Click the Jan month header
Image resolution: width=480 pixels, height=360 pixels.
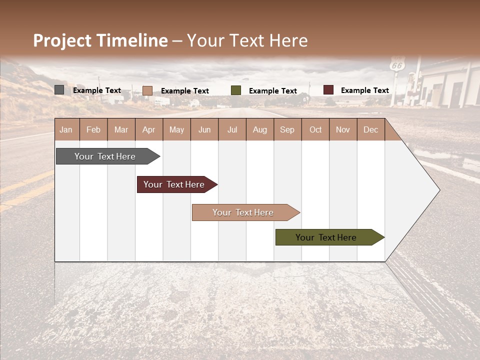(66, 129)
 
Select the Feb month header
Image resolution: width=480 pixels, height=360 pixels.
(93, 129)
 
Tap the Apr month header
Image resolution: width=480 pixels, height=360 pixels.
(148, 129)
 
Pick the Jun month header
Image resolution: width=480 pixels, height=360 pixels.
(204, 129)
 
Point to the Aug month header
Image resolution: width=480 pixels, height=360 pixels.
(259, 129)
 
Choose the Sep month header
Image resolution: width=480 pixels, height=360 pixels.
(287, 129)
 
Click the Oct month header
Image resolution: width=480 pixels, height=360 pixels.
(315, 129)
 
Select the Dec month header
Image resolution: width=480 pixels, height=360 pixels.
(370, 129)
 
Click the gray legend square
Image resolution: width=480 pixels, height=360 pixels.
(59, 90)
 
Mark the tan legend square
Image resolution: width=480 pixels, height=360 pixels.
(147, 90)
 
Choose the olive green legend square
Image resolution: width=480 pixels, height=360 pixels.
(236, 90)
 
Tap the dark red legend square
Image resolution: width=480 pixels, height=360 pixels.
(328, 90)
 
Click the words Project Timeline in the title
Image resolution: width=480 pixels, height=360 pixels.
(100, 40)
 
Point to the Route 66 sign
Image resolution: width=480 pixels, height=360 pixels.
(397, 65)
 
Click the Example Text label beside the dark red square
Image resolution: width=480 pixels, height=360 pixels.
(364, 90)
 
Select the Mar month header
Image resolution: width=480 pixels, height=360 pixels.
(121, 129)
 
